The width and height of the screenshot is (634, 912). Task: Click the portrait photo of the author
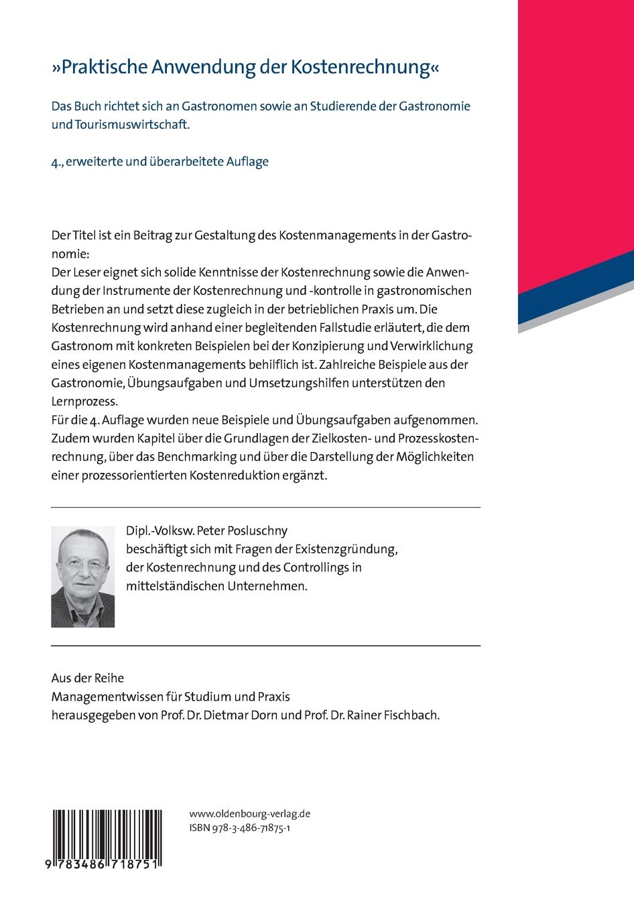(x=83, y=577)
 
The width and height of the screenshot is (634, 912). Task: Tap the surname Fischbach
(x=409, y=715)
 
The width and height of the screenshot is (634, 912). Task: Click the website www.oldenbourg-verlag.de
(x=250, y=814)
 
